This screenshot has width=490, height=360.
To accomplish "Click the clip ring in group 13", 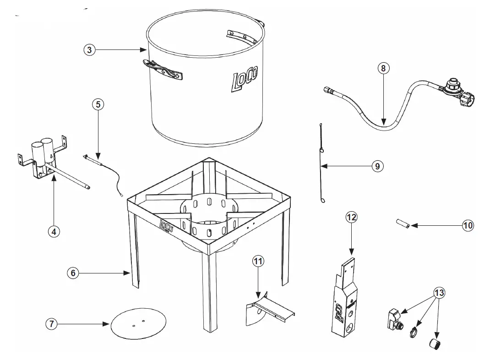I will point(414,331).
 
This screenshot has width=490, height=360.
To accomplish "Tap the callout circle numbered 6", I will point(72,273).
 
